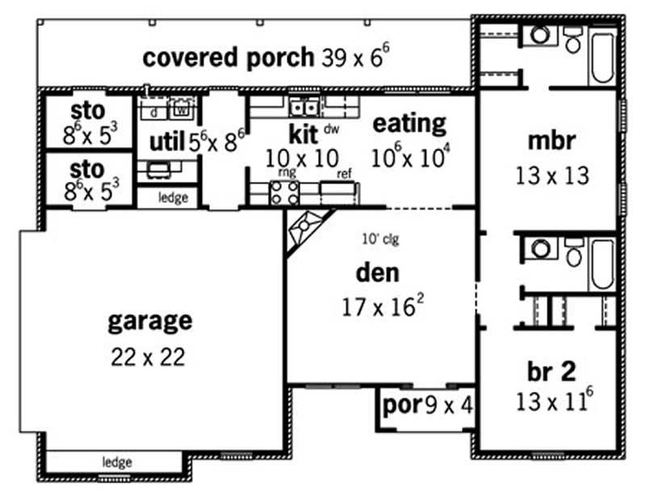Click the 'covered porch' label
(228, 57)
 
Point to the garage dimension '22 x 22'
(149, 356)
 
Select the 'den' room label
(378, 273)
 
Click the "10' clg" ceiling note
(380, 238)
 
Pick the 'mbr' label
(551, 141)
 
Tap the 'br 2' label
(552, 371)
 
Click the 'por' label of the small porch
(401, 403)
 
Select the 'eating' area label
(409, 124)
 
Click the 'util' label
(167, 143)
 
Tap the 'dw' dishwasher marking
(331, 128)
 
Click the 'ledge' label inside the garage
(116, 462)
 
